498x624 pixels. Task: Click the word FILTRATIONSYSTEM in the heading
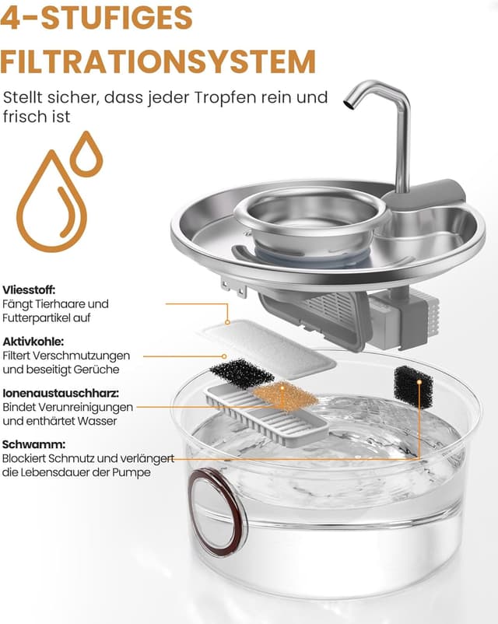click(158, 61)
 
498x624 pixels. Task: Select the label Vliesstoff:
click(29, 289)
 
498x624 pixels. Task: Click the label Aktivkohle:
click(33, 342)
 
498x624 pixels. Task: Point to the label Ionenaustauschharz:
click(61, 393)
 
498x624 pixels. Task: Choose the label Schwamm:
click(33, 444)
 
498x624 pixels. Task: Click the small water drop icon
click(86, 153)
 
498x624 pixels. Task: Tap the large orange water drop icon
click(52, 201)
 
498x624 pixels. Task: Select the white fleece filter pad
click(268, 349)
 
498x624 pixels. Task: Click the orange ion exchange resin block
click(285, 396)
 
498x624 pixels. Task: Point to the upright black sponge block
click(413, 387)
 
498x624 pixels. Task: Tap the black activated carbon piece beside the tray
click(242, 372)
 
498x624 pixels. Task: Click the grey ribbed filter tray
click(266, 415)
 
